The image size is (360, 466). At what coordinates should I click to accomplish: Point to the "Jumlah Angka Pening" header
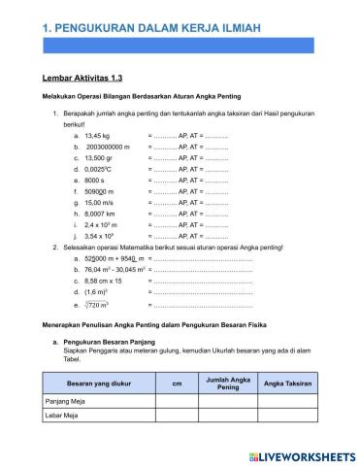click(x=228, y=383)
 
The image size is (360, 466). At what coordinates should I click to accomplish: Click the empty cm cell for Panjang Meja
click(x=177, y=401)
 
